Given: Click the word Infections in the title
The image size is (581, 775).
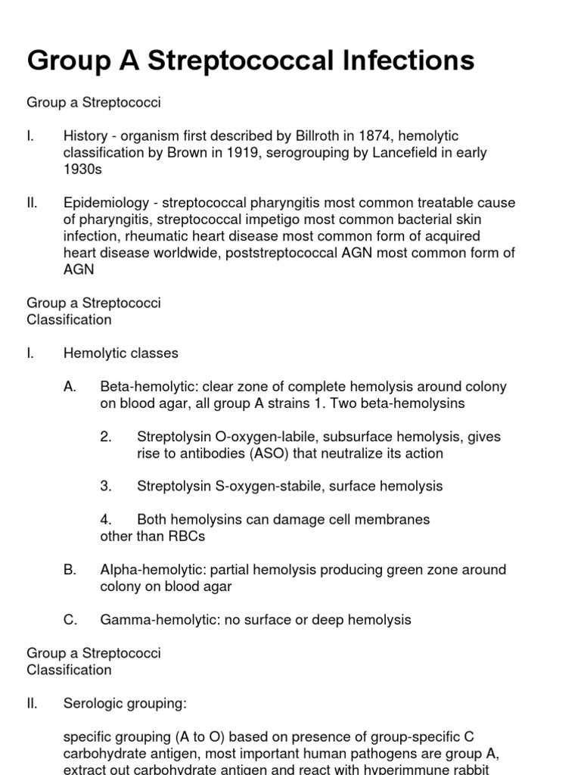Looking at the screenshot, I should point(400,61).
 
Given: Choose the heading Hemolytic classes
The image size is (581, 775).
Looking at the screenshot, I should point(121,353).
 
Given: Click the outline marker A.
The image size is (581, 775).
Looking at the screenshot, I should point(70,387).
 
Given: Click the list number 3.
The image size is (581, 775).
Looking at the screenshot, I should point(106,486).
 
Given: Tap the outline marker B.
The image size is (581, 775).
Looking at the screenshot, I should point(70,570).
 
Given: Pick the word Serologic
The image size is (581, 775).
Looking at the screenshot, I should point(94,703).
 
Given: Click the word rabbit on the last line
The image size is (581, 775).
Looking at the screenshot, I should point(480,770).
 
